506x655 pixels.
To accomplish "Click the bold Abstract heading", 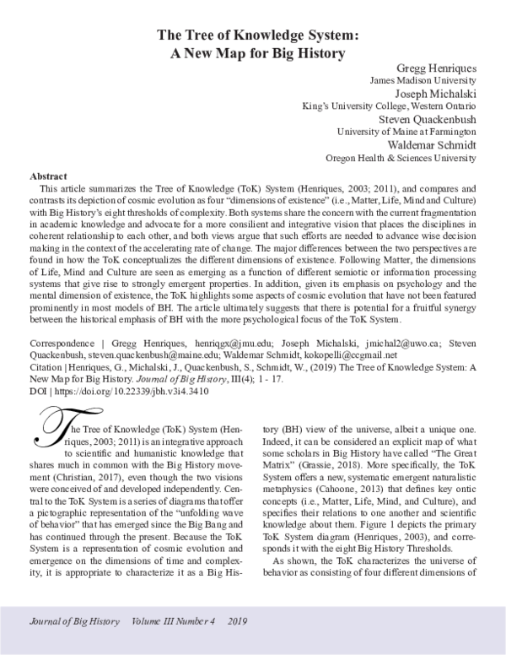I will point(48,176).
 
